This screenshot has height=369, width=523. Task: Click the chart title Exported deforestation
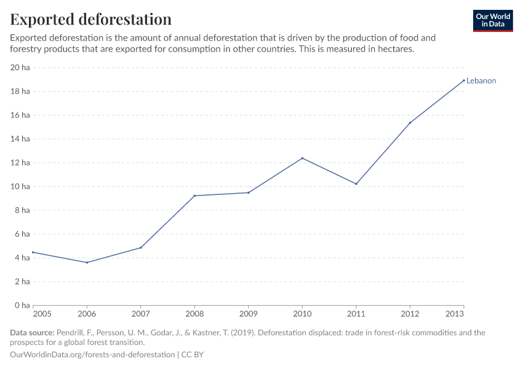90,19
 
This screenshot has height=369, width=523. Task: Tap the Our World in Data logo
492,20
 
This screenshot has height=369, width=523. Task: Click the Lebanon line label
481,81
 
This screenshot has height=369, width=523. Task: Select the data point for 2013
463,81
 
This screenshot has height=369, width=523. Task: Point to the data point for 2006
87,263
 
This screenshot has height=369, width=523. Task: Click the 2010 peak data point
302,158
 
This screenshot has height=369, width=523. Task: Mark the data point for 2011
356,184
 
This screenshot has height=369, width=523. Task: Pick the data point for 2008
194,196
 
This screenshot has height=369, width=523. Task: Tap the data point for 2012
410,122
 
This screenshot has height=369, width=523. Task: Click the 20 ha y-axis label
20,68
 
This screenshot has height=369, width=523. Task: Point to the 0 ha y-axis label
22,306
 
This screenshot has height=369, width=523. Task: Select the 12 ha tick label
20,163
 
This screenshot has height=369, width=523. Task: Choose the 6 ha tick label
22,234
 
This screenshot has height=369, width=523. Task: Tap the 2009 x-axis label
248,314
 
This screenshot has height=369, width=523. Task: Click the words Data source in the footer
31,333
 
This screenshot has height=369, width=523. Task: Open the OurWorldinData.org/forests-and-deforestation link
92,355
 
